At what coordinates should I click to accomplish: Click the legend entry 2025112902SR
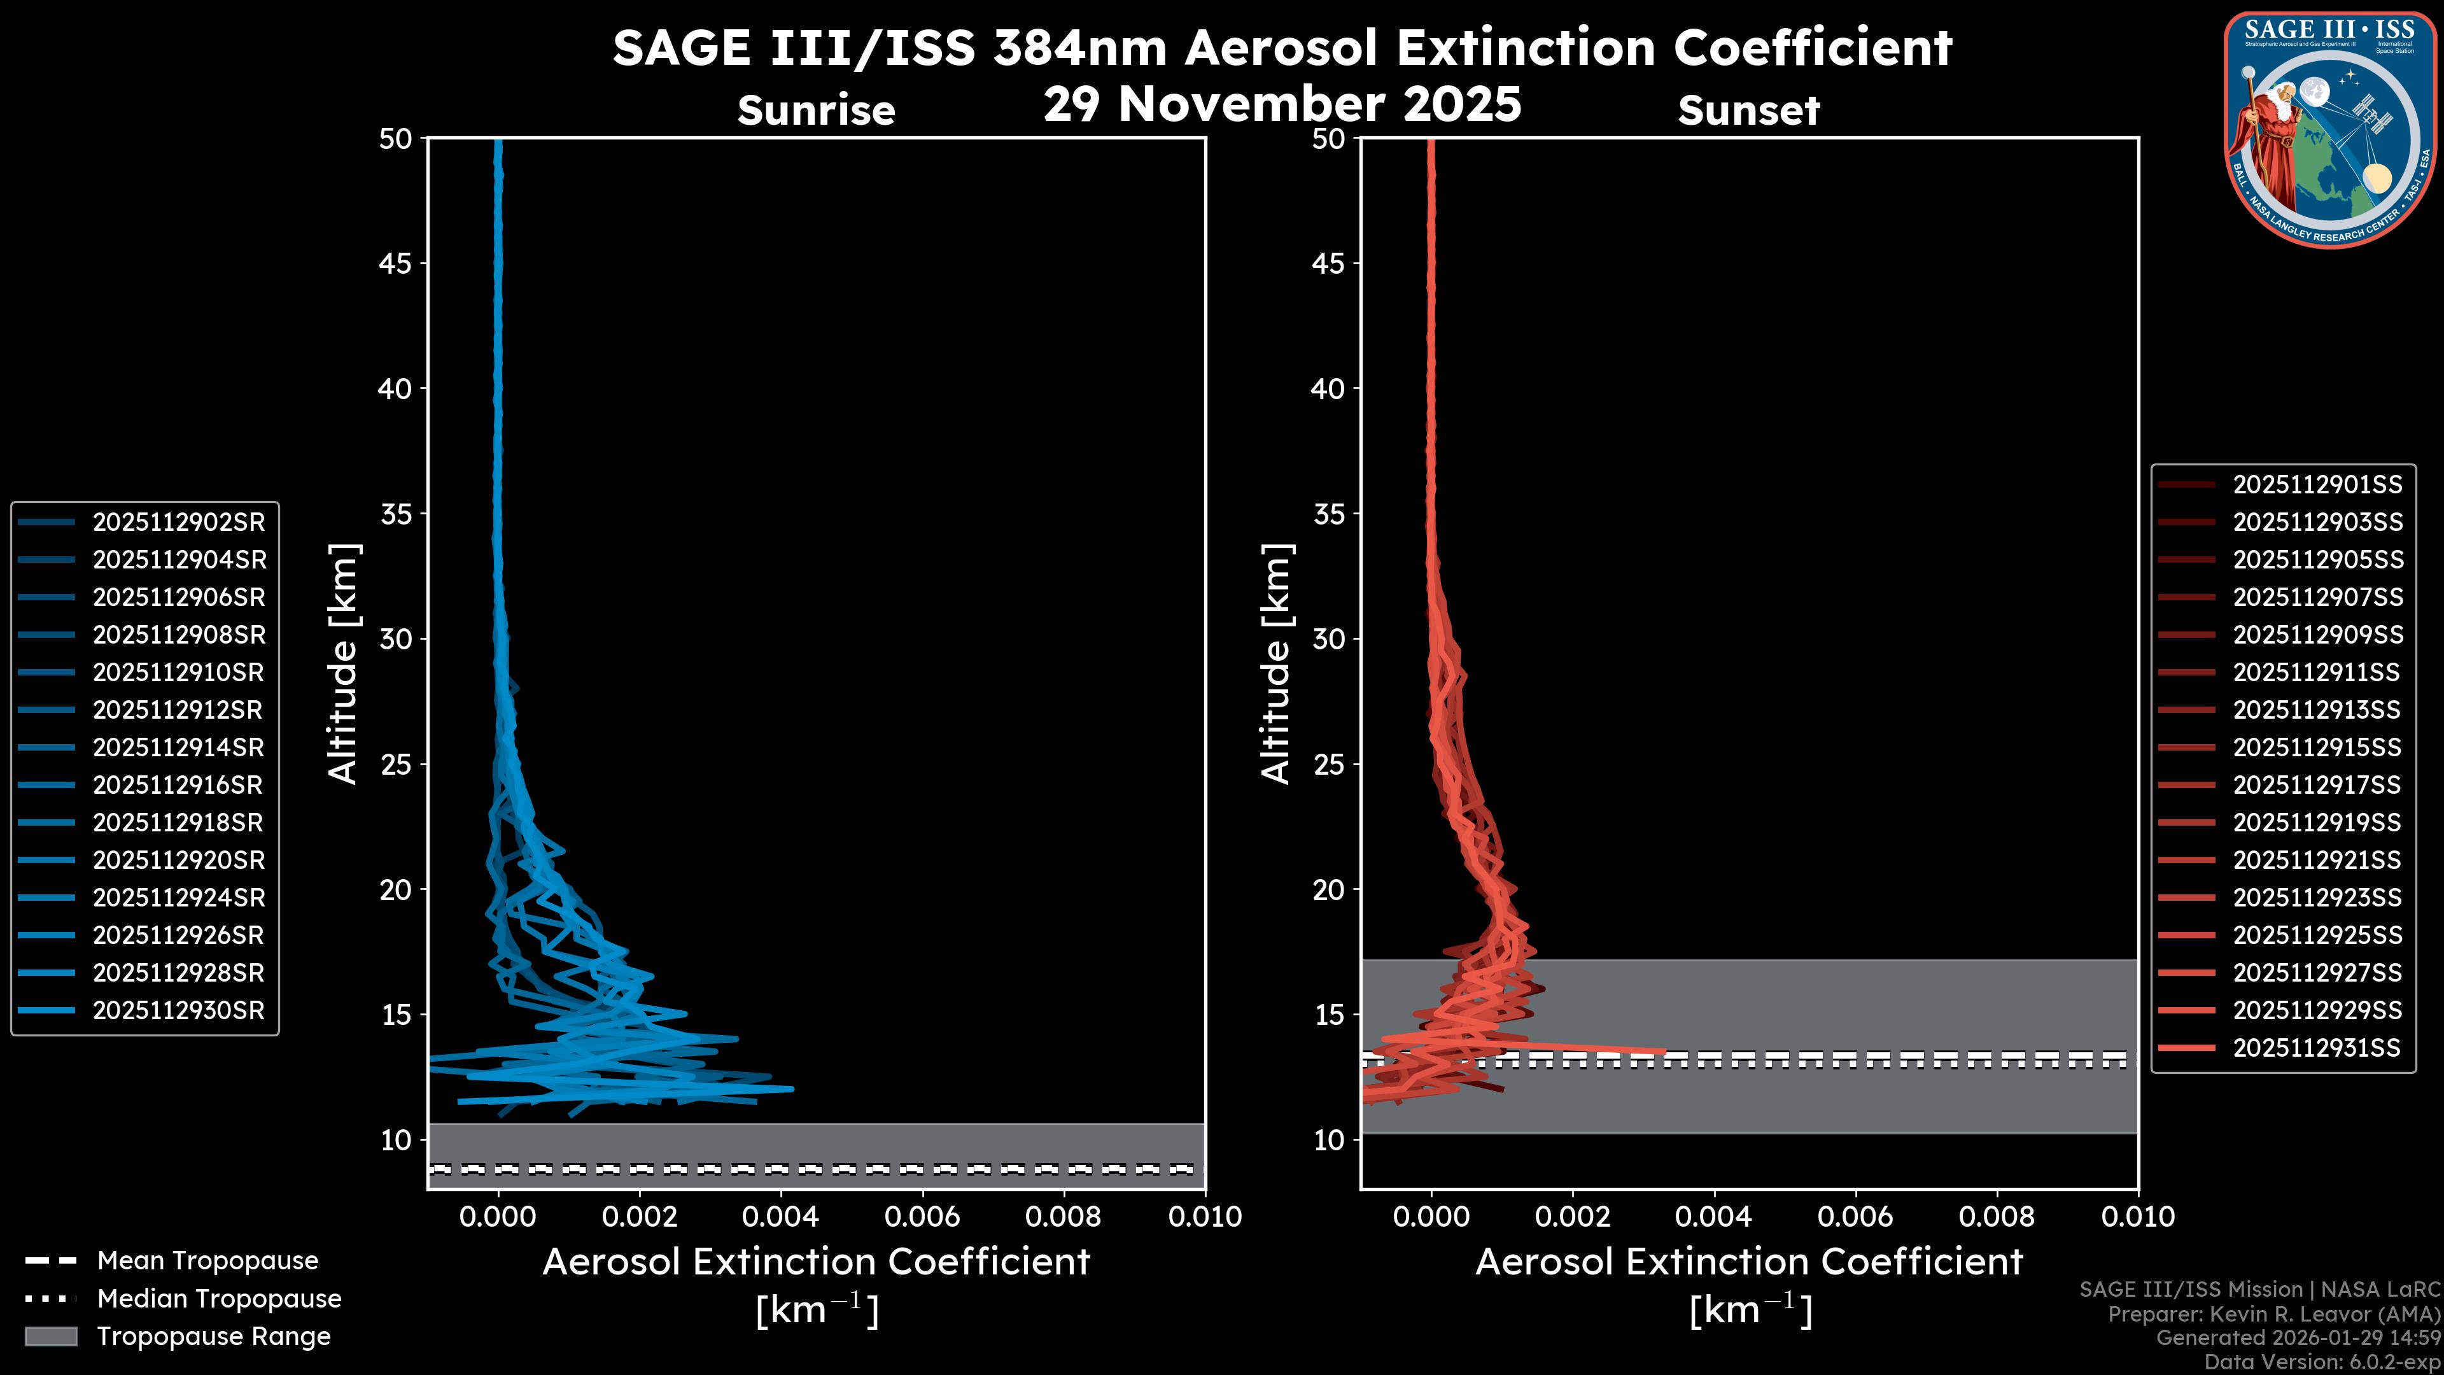point(178,522)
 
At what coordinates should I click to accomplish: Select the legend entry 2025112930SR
point(178,1010)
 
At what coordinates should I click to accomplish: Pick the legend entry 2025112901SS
point(2317,485)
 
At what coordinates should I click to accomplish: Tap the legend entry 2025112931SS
point(2316,1048)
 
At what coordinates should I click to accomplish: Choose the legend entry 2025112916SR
point(178,785)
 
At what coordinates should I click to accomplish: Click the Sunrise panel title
point(816,111)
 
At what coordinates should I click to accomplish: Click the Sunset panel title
point(1748,111)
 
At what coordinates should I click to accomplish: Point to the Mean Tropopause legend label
point(207,1260)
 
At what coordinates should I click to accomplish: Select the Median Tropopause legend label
point(219,1298)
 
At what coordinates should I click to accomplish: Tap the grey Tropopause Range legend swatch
point(50,1336)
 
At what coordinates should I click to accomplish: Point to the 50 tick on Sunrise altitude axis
point(396,139)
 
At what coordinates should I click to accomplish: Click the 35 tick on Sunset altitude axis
point(1328,513)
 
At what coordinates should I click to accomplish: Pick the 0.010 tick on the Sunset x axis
point(2138,1216)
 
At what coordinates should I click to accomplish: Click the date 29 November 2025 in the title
point(1282,103)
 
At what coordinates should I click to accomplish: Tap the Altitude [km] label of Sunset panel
point(1276,663)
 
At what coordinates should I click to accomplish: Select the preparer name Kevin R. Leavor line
point(2273,1313)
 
